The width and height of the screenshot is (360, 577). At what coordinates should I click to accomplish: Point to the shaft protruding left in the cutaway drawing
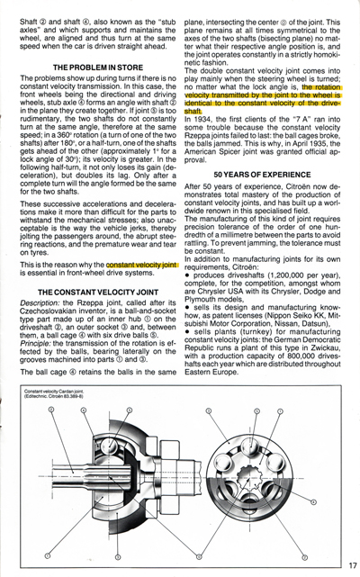[45, 478]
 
